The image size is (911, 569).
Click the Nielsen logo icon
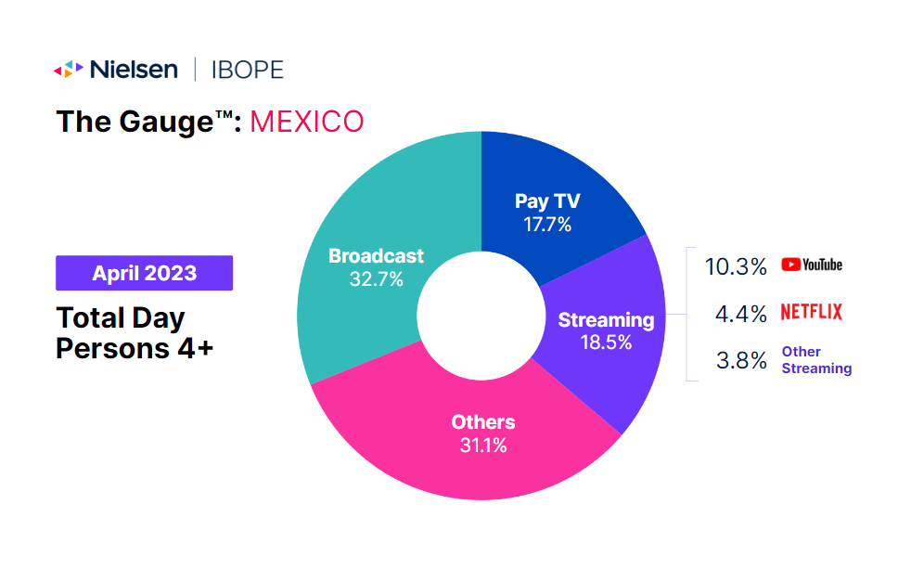point(68,69)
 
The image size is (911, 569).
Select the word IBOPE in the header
point(246,69)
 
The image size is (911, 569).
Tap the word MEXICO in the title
point(307,122)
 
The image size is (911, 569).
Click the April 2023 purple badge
point(144,273)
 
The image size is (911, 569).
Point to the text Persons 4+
point(135,348)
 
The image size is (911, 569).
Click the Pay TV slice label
point(547,202)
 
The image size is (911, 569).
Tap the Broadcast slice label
point(376,256)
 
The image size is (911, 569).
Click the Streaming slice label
point(606,320)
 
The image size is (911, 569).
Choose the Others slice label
point(483,422)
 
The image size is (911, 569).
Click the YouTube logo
point(812,265)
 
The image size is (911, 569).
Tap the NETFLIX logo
point(812,312)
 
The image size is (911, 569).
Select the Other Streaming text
point(815,360)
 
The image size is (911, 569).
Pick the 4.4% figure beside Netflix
point(741,314)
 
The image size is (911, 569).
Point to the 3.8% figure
point(741,361)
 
